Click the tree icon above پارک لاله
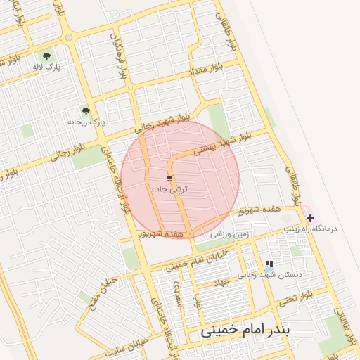pos(46,56)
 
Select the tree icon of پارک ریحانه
pos(86,111)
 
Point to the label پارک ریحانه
pos(86,122)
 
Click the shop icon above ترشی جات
pos(169,179)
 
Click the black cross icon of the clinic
pos(310,219)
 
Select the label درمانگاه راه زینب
pos(310,229)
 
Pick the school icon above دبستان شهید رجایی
pos(269,264)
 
